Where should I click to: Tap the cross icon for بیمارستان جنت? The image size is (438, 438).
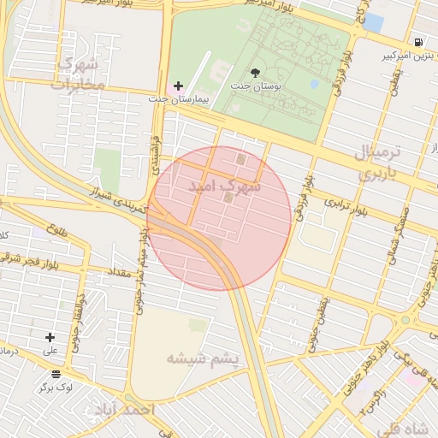pos(178,86)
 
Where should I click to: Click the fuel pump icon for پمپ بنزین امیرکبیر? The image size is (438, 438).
pos(417,42)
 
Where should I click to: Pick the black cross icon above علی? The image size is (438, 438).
pos(50,338)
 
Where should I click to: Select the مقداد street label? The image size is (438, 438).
pos(118,271)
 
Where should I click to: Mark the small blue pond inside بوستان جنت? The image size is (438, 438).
pos(315,84)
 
